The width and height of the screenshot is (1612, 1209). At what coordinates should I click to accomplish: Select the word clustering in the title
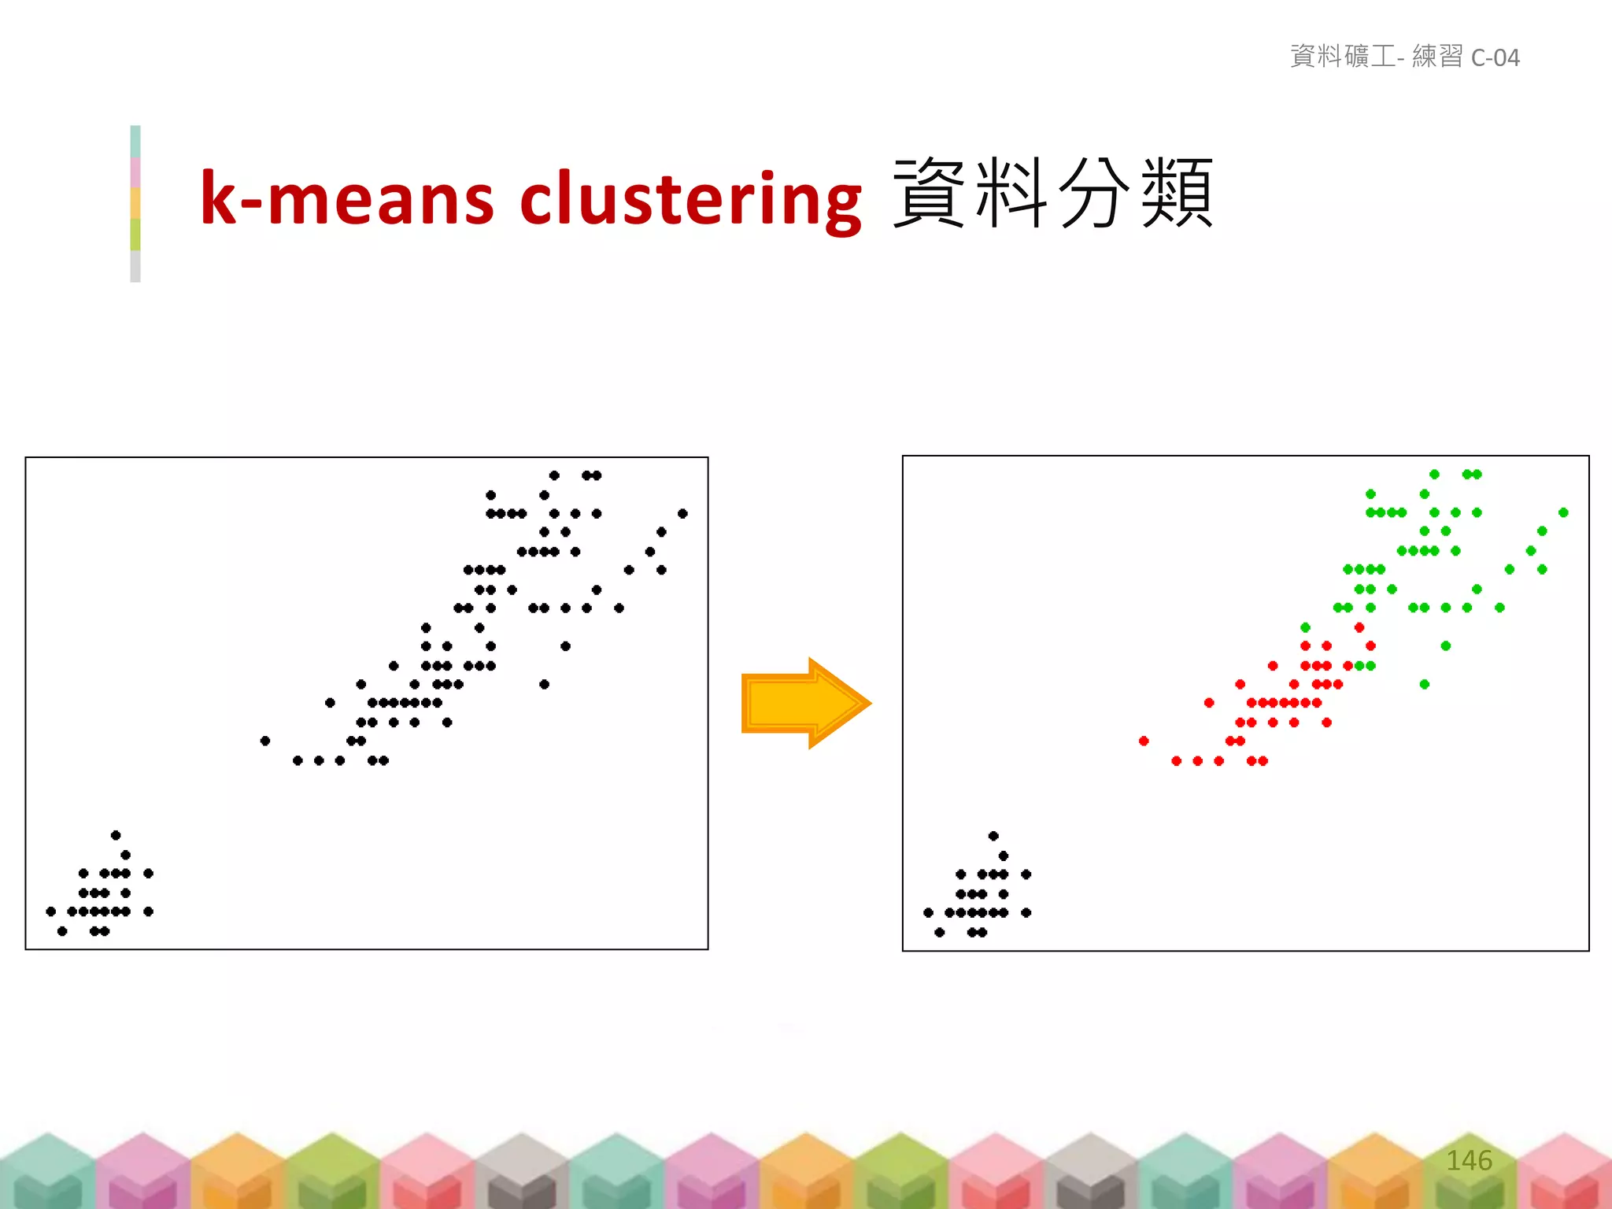[x=690, y=198]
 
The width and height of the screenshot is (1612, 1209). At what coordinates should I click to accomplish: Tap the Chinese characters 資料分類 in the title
[x=1052, y=193]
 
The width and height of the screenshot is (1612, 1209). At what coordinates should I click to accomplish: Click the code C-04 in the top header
[x=1495, y=57]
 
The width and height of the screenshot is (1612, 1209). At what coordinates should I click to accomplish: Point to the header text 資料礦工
[x=1342, y=56]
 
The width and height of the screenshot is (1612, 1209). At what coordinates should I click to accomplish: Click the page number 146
[x=1469, y=1160]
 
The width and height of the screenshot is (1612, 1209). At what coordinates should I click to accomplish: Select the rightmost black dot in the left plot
[x=682, y=513]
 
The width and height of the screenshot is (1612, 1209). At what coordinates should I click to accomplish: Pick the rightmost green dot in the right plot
[x=1563, y=512]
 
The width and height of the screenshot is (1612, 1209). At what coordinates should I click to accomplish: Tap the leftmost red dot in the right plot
[x=1144, y=741]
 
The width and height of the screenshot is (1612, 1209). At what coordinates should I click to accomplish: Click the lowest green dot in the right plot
[x=1424, y=684]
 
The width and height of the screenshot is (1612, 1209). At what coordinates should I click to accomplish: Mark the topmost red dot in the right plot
[x=1359, y=627]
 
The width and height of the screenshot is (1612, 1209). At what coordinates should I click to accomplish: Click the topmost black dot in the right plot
[x=993, y=836]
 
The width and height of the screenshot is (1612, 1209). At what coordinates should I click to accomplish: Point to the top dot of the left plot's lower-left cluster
[x=116, y=835]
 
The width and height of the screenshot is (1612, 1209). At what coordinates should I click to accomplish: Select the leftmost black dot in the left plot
[x=51, y=911]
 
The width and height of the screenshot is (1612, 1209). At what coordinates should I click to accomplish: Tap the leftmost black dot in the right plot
[x=928, y=912]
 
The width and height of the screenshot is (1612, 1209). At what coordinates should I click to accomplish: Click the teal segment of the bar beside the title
[x=135, y=141]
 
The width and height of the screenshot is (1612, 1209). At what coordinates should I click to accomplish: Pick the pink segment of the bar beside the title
[x=135, y=172]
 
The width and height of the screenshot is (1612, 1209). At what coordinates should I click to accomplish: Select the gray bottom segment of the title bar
[x=135, y=266]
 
